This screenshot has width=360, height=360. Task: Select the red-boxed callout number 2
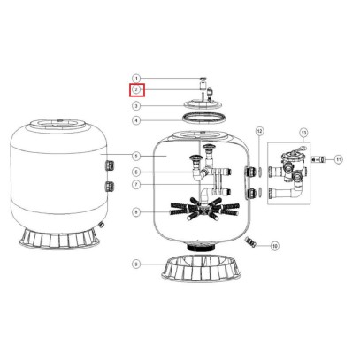[x=136, y=90]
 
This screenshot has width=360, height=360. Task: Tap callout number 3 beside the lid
[x=137, y=105]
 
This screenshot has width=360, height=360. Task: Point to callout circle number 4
[x=137, y=120]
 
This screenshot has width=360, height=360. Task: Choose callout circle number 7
[x=136, y=185]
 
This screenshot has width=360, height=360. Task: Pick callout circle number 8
[x=136, y=212]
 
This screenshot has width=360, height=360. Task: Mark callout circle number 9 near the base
[x=136, y=264]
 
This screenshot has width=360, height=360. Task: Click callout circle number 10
[x=274, y=245]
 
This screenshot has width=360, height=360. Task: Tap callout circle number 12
[x=259, y=131]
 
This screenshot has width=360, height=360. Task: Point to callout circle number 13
[x=303, y=132]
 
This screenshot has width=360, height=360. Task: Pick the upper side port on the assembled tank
[x=111, y=163]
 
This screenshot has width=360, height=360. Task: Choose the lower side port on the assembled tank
[x=111, y=186]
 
